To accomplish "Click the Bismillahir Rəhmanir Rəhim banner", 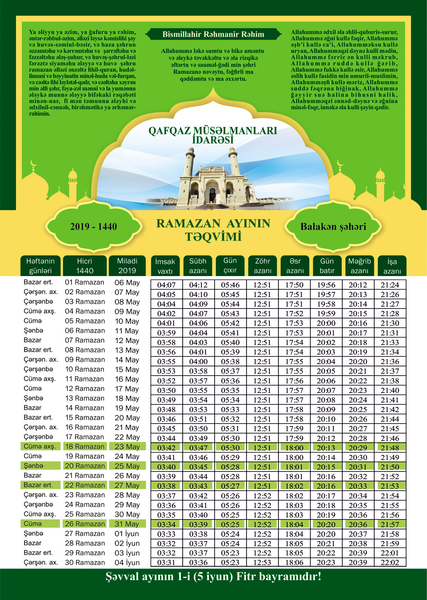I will point(213,34).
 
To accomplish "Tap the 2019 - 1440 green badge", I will point(94,227).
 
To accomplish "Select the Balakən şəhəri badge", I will point(333,227).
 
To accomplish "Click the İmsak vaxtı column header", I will point(165,266).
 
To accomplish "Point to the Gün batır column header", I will point(327,266).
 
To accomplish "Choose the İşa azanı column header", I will point(392,266).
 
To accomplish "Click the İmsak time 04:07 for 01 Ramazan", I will point(166,285).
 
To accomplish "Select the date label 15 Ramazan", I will point(85,418).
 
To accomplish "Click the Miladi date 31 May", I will point(127,524).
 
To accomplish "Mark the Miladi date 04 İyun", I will point(127,563).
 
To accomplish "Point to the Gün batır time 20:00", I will point(326,324).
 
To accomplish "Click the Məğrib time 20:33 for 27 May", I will point(358,486).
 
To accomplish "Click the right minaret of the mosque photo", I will point(234,162).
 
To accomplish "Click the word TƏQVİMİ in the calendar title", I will point(213,237).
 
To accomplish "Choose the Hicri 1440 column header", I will point(85,266).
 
